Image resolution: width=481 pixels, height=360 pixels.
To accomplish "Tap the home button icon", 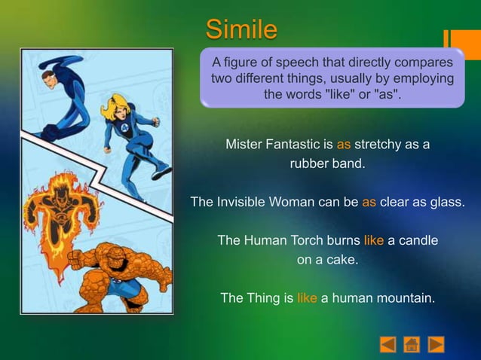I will pos(411,344).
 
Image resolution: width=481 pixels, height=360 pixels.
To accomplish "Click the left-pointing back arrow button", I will pos(387,344).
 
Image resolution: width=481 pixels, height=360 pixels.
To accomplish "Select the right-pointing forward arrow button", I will pos(436,344).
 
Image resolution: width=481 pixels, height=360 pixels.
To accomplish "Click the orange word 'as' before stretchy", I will pos(344,144).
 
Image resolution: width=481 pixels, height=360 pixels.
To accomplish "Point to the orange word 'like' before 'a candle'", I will pos(374,240).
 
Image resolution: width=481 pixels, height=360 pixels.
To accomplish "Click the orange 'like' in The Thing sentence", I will pos(307,297).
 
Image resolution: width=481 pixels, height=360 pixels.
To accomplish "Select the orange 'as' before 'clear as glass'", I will pos(369,202).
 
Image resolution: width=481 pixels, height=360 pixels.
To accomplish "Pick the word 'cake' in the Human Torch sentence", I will pos(342,260).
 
